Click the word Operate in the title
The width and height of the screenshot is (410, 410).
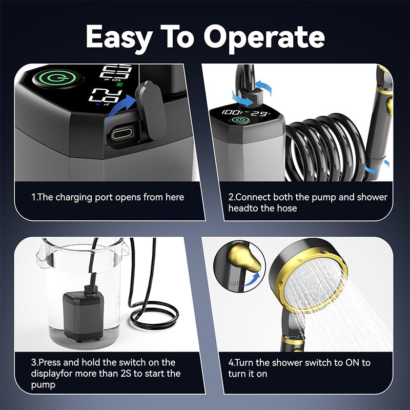(264, 37)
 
